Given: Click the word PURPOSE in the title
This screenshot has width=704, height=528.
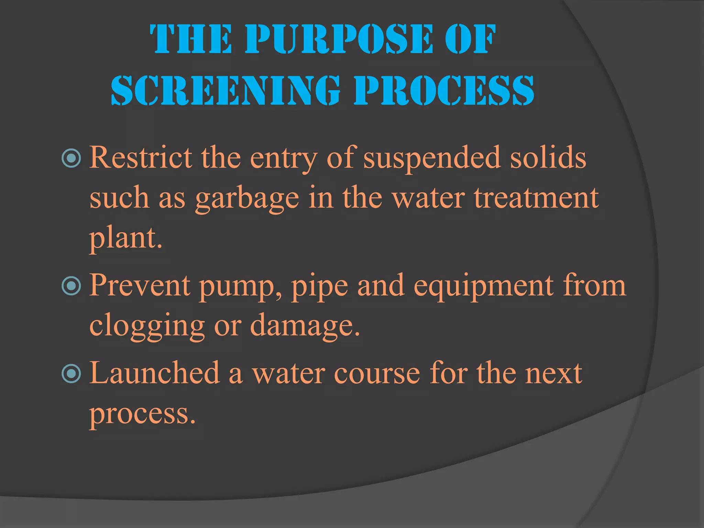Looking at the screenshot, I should [339, 40].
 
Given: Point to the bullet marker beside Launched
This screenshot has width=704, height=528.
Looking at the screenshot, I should [71, 374].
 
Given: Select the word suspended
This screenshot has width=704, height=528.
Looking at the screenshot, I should [432, 158].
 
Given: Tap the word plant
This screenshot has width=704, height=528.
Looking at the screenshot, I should [125, 239].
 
